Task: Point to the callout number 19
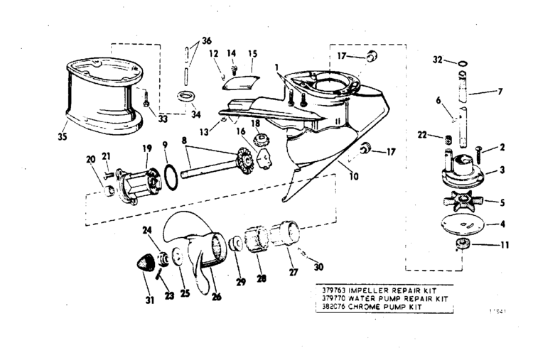[x=147, y=148]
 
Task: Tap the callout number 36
[x=206, y=40]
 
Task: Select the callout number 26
[x=216, y=295]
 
